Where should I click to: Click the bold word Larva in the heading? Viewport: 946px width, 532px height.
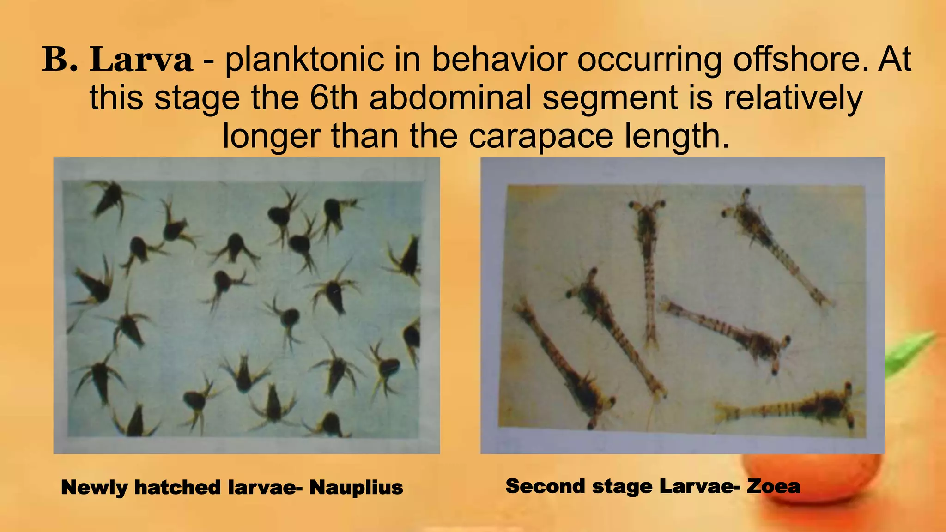141,60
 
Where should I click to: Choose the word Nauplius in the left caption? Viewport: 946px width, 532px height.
356,488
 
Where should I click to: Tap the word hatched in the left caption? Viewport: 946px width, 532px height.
177,488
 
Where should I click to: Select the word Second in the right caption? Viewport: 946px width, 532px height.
546,486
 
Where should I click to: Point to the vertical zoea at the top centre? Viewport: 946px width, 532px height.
648,268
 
